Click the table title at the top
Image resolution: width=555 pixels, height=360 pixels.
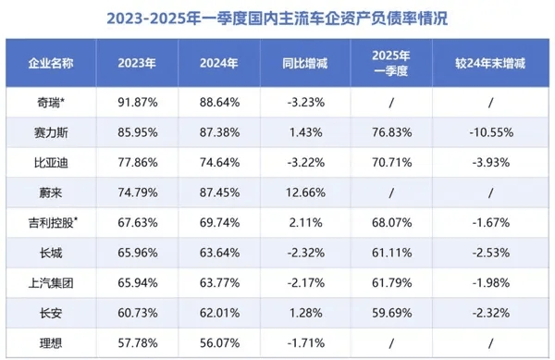(277, 18)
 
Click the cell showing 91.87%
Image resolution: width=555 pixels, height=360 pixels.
(129, 102)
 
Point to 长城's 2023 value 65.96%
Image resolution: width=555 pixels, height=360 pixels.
(129, 254)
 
